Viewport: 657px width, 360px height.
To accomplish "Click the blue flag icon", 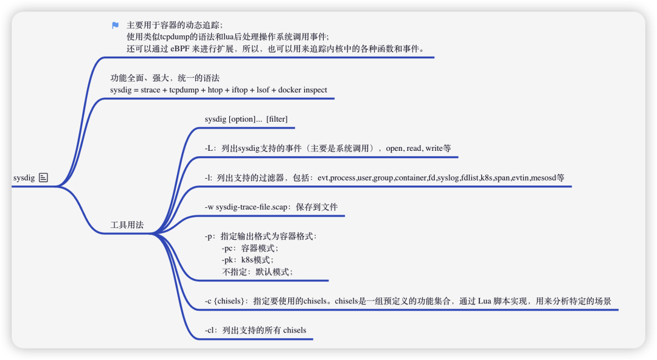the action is [x=116, y=26].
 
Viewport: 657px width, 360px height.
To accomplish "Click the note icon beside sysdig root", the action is [x=43, y=178].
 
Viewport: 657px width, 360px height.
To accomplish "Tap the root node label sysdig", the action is [x=24, y=178].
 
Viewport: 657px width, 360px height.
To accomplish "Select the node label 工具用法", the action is [x=127, y=225].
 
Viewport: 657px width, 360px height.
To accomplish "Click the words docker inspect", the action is [x=302, y=90].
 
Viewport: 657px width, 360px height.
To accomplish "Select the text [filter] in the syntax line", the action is [x=277, y=119].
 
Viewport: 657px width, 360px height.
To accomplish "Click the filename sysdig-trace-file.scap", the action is [x=251, y=207].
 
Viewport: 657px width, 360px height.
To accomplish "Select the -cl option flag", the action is [x=210, y=330].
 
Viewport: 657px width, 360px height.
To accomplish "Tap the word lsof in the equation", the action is [x=263, y=90].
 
